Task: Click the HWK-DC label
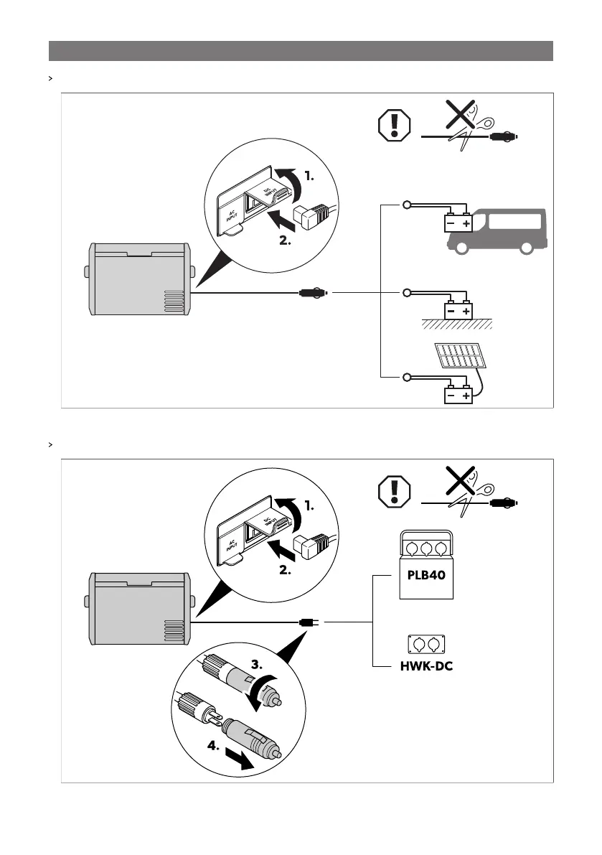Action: click(426, 666)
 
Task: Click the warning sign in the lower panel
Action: click(392, 492)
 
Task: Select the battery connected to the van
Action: click(457, 223)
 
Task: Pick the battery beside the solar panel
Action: click(457, 395)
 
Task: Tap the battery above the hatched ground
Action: click(457, 311)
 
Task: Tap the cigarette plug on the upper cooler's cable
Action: click(313, 293)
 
